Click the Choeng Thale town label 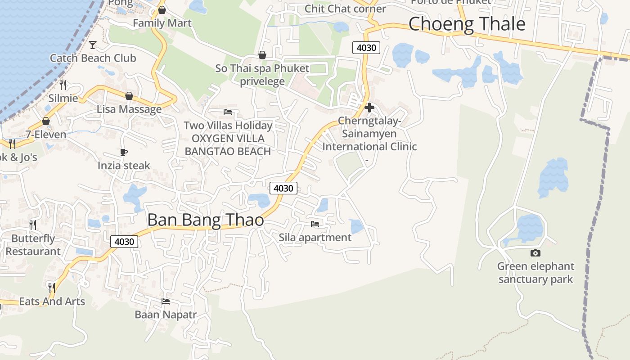tap(467, 24)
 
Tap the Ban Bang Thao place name tap(205, 220)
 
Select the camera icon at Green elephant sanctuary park tap(535, 253)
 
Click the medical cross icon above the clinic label tap(369, 108)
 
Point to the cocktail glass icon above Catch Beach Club tap(93, 45)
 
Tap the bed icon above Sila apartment tap(315, 224)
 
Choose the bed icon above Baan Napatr tap(166, 301)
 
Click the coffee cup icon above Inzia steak tap(124, 152)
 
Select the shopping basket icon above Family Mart tap(162, 10)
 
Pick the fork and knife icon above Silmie tap(63, 85)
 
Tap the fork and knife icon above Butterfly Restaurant tap(33, 225)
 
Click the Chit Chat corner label tap(345, 9)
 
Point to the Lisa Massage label tap(129, 109)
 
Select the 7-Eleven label tap(45, 135)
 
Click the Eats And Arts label tap(52, 301)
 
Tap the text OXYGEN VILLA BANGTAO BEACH tap(228, 145)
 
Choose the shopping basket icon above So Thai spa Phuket tap(262, 55)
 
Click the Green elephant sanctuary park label tap(535, 273)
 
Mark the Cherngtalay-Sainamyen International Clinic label tap(369, 134)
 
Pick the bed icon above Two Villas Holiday tap(228, 112)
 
